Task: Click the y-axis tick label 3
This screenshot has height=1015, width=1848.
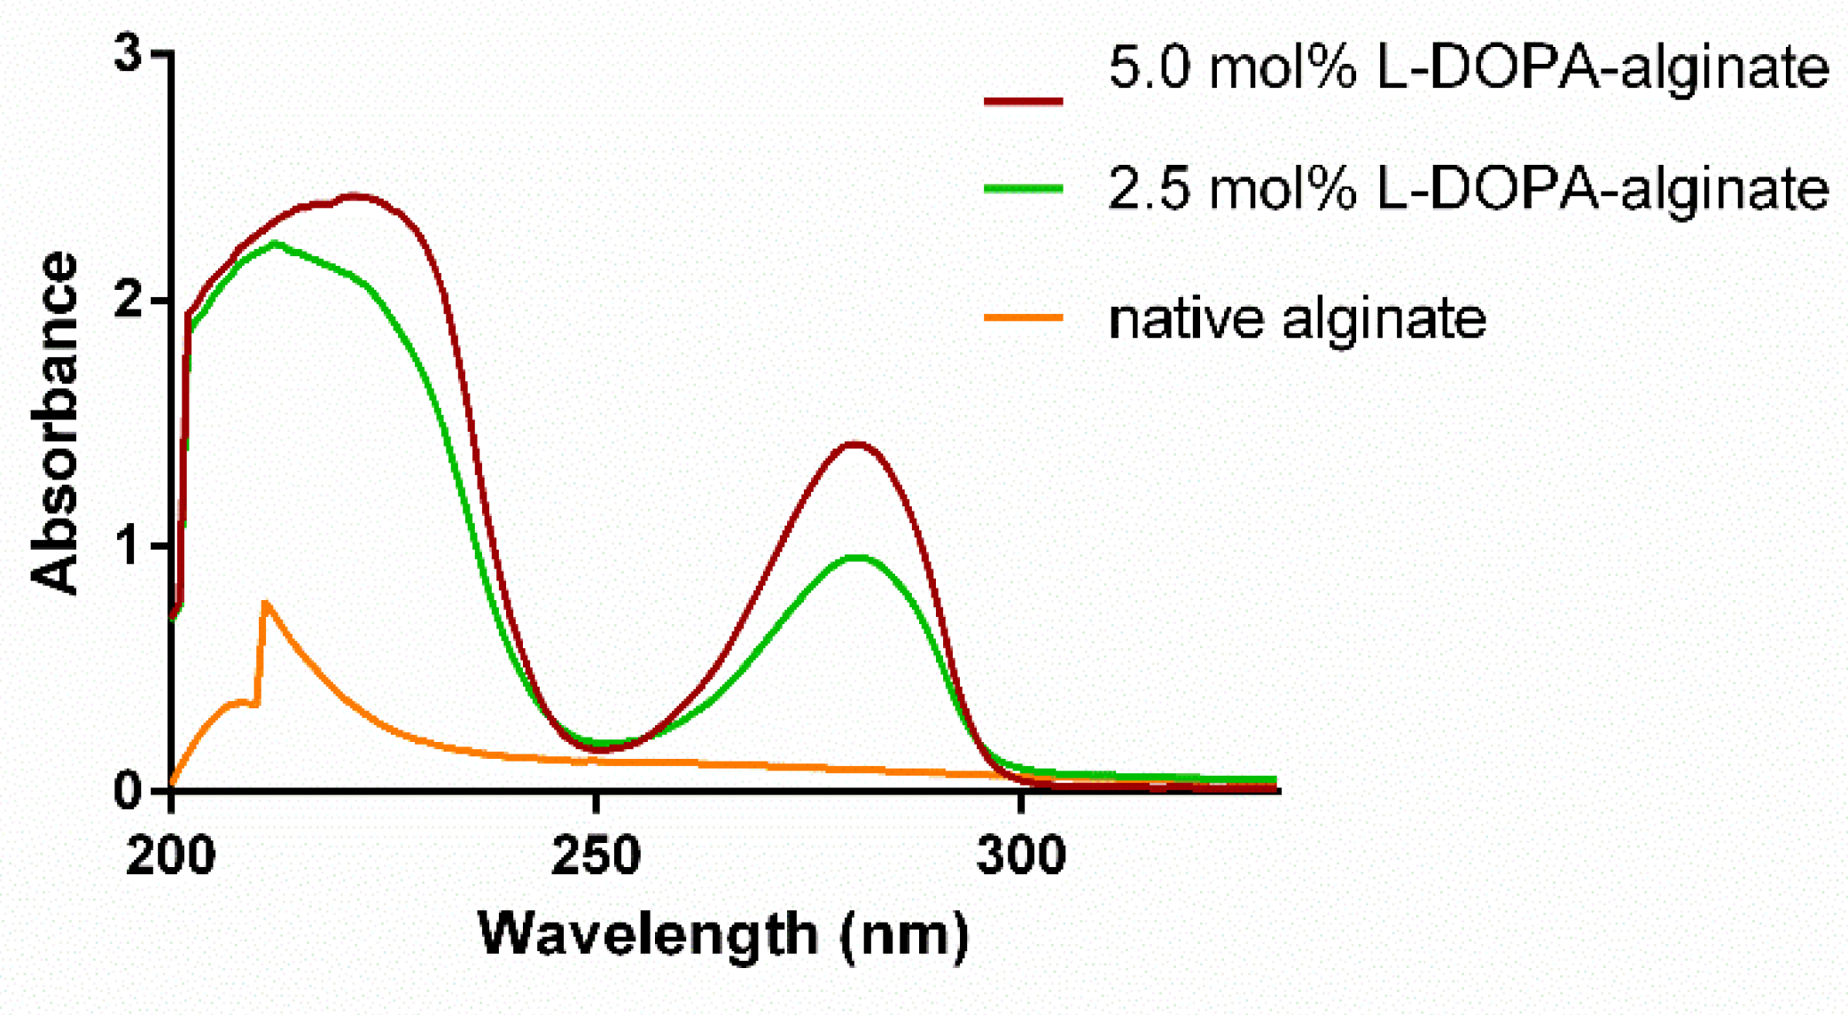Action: (129, 56)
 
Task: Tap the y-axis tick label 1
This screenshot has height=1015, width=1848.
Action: (129, 546)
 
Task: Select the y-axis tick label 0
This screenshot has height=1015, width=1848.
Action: (129, 790)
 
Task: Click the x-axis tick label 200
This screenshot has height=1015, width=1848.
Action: (171, 856)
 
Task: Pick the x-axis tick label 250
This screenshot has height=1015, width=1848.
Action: (596, 856)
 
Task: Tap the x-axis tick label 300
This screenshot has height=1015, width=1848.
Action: (1021, 856)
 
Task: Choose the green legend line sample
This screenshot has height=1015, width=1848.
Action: (1023, 188)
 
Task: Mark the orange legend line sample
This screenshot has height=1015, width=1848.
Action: (1023, 316)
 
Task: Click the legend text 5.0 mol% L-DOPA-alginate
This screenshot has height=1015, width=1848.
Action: (1468, 68)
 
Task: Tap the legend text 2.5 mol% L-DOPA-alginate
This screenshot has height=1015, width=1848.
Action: (1468, 189)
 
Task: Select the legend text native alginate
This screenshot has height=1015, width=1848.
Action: (1297, 318)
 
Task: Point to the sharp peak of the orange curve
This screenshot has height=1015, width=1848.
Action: (265, 603)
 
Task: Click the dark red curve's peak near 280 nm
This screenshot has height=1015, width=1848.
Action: (854, 443)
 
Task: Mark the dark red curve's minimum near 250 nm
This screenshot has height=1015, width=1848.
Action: (599, 750)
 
